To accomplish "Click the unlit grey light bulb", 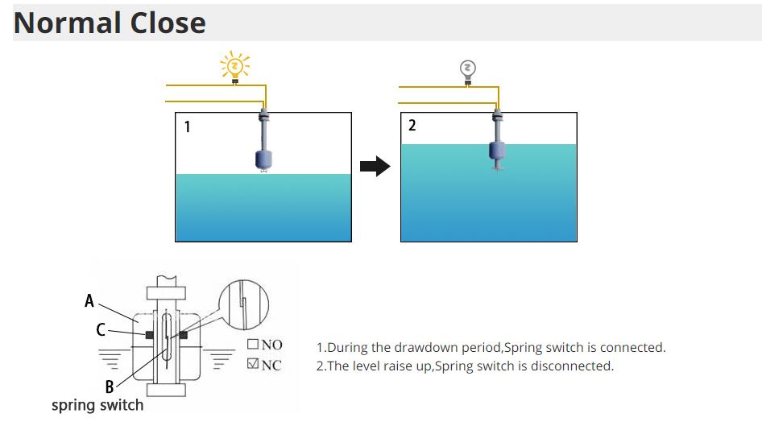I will (467, 68).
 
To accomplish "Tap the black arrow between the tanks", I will (375, 167).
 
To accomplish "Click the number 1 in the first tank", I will (188, 126).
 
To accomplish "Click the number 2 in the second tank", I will (412, 126).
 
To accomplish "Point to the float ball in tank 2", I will (498, 151).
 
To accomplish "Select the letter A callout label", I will (89, 301).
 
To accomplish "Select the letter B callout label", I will (109, 387).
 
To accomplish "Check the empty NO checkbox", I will (252, 345).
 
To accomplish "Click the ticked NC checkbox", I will (252, 365).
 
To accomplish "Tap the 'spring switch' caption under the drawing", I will (97, 405).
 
